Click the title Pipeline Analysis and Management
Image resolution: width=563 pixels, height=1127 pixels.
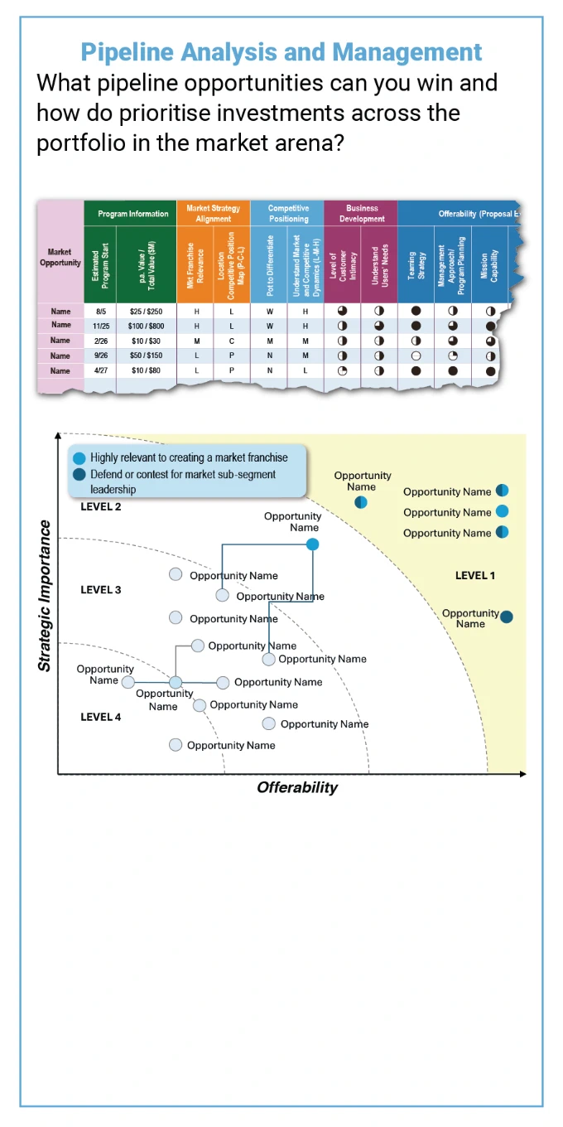[x=281, y=52]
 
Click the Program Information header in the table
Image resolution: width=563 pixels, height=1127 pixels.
[x=132, y=214]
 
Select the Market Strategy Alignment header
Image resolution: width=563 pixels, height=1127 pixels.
[x=214, y=214]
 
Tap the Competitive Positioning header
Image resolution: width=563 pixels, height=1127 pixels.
[x=288, y=214]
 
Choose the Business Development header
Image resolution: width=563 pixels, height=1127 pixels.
[x=362, y=214]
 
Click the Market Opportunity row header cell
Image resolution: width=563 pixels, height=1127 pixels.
[x=60, y=257]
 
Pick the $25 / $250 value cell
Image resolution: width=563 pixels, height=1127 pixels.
[x=146, y=311]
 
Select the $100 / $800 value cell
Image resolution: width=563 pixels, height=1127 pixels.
[x=146, y=326]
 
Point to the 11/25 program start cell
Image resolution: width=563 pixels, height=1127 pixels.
[x=101, y=326]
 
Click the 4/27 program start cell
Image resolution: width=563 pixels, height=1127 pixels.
[x=101, y=370]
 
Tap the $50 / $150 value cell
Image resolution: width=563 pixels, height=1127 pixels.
[x=146, y=356]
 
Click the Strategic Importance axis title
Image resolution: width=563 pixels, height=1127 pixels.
[x=46, y=596]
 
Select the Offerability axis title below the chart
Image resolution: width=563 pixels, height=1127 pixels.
[x=297, y=787]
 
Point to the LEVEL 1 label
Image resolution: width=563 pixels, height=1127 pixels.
[x=475, y=575]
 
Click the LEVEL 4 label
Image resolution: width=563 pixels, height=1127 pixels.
[x=101, y=717]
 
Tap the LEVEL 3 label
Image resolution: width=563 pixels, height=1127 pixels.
[x=101, y=590]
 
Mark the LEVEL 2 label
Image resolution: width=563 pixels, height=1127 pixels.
[x=101, y=506]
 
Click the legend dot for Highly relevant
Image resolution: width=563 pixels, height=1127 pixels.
[x=79, y=458]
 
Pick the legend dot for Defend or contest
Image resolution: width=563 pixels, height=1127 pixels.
[x=79, y=475]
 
